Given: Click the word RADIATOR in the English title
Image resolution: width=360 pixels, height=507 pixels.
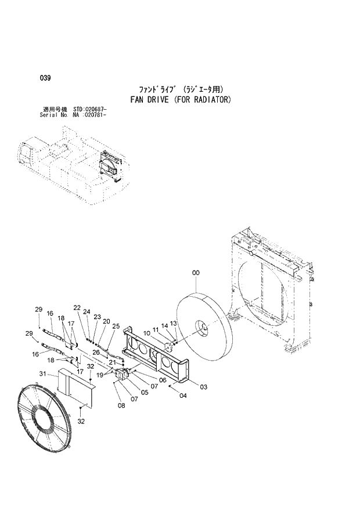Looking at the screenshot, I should [x=211, y=100].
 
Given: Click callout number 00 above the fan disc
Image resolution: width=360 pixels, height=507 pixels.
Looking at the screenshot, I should [x=196, y=272].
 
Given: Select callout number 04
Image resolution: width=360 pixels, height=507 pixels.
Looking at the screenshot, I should [x=183, y=396].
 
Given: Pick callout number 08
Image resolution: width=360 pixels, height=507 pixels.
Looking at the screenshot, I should [x=121, y=406].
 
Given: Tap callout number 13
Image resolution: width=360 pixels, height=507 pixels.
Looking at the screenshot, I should [x=172, y=323].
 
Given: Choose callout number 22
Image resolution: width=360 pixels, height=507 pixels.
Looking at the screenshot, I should [x=77, y=308].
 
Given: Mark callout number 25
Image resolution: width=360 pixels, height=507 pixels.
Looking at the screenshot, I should [x=116, y=326].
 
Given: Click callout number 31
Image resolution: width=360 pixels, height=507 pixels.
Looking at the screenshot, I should [x=42, y=373].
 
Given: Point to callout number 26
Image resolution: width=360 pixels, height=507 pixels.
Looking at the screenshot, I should [x=96, y=352].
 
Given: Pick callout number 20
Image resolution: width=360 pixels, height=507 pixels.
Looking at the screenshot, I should [x=106, y=321].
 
